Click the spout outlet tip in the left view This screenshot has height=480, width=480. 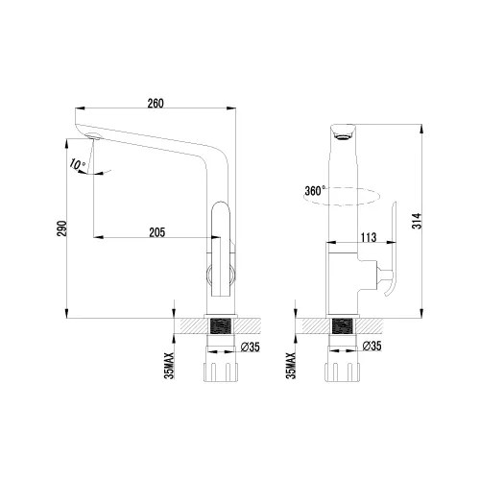[92, 141]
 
